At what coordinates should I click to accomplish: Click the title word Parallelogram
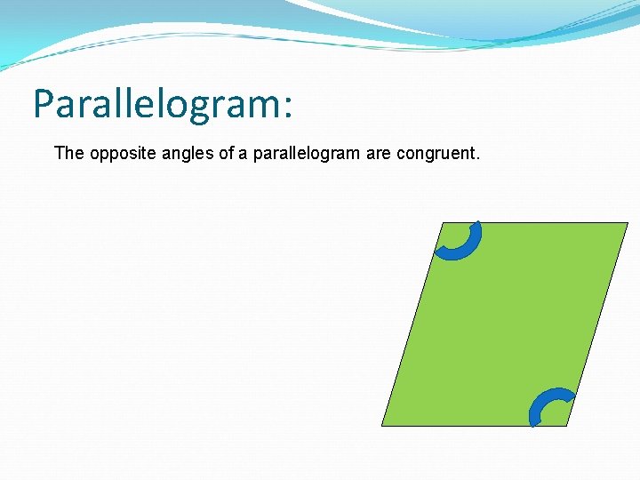tap(155, 104)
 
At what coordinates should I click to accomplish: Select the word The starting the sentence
tap(68, 153)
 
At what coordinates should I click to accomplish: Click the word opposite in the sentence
tap(116, 154)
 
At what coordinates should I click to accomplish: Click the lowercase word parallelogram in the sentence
tap(306, 154)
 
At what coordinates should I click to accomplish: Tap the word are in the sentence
tap(378, 154)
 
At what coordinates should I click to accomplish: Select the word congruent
tap(436, 154)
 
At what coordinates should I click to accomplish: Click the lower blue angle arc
tap(543, 401)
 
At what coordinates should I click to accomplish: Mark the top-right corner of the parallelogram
tap(627, 223)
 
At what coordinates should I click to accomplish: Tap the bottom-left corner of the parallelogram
tap(382, 426)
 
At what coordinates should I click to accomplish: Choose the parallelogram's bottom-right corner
tap(566, 426)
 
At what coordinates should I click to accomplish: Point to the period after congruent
tap(478, 159)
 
